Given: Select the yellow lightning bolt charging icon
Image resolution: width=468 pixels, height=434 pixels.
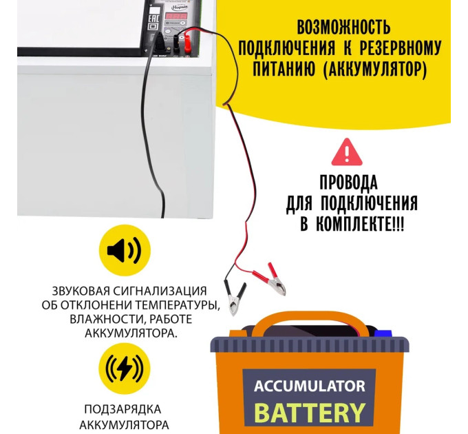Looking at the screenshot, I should click(x=124, y=369).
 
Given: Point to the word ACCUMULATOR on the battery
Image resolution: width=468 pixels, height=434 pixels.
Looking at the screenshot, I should click(x=309, y=385).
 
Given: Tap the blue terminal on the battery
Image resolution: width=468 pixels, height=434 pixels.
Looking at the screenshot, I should click(x=383, y=333).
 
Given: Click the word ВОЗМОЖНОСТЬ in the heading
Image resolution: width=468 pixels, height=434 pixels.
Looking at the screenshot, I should click(x=343, y=28).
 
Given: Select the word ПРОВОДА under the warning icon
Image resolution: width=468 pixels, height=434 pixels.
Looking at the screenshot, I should click(x=348, y=183).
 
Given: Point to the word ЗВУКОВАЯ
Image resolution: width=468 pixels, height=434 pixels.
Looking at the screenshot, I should click(x=80, y=289).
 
